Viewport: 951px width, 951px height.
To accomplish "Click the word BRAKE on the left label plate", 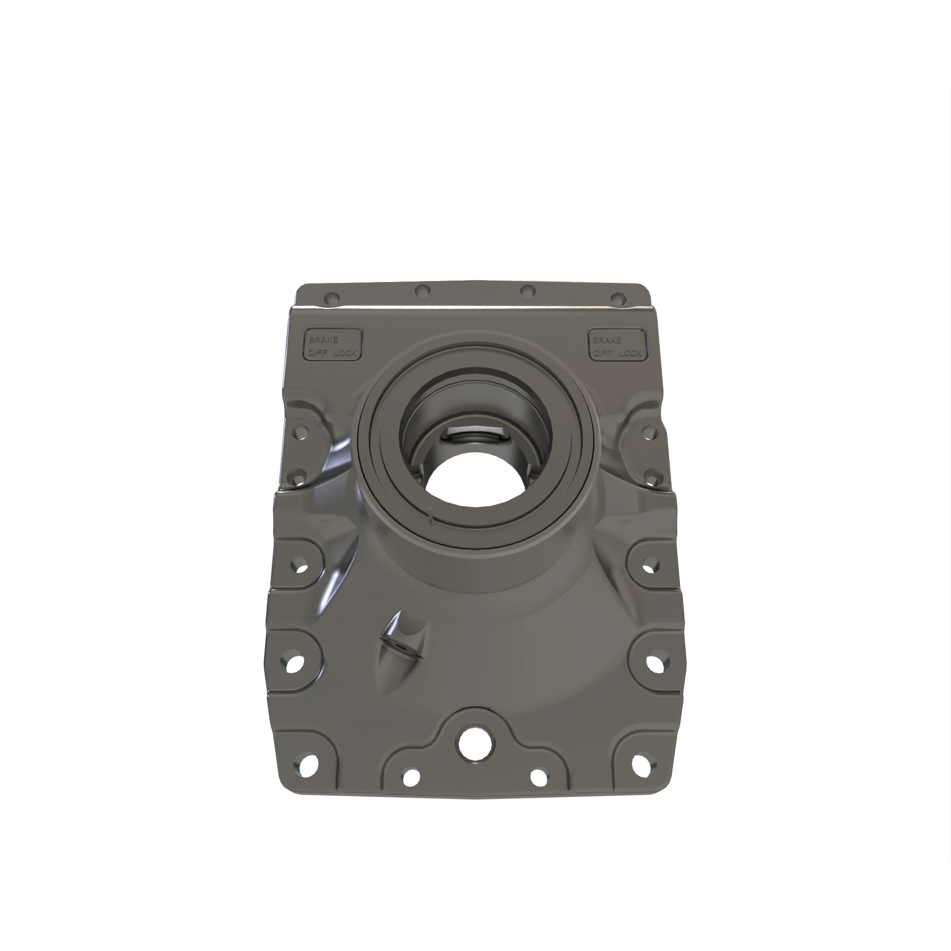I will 323,340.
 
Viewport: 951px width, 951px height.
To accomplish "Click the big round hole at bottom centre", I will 475,745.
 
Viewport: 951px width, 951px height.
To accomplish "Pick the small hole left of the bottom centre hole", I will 410,778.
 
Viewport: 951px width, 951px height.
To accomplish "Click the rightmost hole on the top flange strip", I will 618,299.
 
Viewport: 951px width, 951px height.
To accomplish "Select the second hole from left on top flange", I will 422,291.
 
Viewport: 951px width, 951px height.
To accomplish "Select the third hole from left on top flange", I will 528,291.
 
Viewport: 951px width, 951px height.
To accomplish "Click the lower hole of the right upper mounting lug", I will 651,477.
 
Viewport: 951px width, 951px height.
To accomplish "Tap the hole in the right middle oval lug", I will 651,565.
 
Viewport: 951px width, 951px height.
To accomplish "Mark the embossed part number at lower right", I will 582,727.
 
